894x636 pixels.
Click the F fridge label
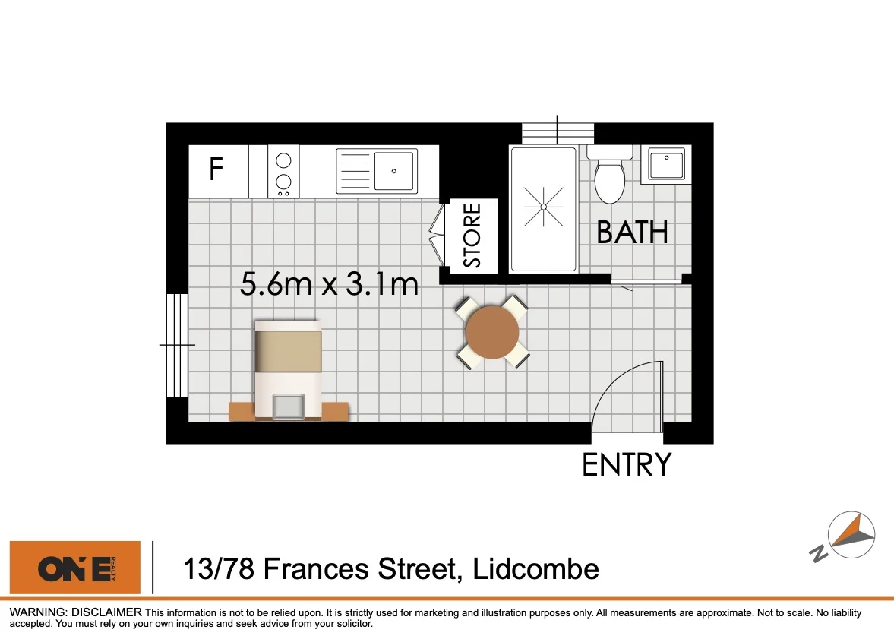(216, 169)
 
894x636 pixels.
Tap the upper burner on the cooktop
(283, 160)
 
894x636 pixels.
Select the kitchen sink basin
(394, 171)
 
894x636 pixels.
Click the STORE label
(472, 236)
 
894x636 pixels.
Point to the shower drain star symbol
(544, 207)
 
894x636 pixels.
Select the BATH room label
(632, 233)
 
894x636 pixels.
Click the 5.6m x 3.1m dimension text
(329, 285)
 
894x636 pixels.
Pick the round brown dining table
(492, 332)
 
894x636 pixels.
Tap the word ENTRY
(627, 464)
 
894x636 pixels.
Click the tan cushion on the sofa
(288, 351)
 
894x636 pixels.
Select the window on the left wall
(177, 345)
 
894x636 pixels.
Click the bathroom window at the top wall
(558, 132)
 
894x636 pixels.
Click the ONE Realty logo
(74, 568)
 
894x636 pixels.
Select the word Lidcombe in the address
(535, 568)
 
